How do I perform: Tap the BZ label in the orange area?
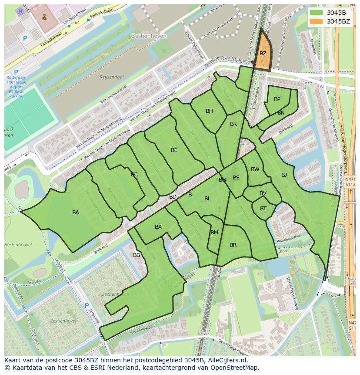click(x=263, y=54)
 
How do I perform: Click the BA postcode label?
click(x=76, y=213)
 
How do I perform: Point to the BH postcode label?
click(x=209, y=111)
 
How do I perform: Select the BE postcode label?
click(x=174, y=150)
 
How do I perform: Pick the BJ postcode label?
click(x=284, y=175)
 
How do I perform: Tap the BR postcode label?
click(x=233, y=245)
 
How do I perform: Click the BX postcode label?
click(x=158, y=227)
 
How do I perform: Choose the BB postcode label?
click(x=137, y=255)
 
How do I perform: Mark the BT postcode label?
click(x=263, y=209)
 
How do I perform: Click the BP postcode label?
click(x=277, y=99)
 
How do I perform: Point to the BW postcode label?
click(x=255, y=169)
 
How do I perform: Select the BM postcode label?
click(x=214, y=233)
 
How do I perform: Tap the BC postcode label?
click(x=134, y=175)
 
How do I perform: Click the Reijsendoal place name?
click(x=112, y=77)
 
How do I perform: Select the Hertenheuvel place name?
click(x=18, y=245)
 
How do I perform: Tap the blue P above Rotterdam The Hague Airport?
click(x=16, y=72)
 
